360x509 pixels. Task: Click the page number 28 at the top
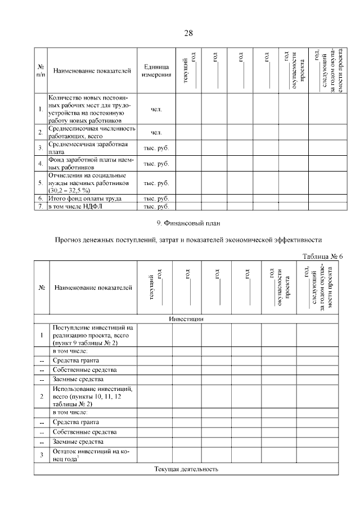188,33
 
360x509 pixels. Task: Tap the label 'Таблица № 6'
322,256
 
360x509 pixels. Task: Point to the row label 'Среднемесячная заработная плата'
84,148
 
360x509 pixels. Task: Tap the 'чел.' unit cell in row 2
156,132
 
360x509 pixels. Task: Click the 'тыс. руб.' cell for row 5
156,183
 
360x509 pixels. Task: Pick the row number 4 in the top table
40,164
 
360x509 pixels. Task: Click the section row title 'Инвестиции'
186,319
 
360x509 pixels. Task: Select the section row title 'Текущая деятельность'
186,469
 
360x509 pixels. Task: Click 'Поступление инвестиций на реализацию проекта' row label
92,335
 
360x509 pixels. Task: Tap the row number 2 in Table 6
42,396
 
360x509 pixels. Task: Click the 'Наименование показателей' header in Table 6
93,287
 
